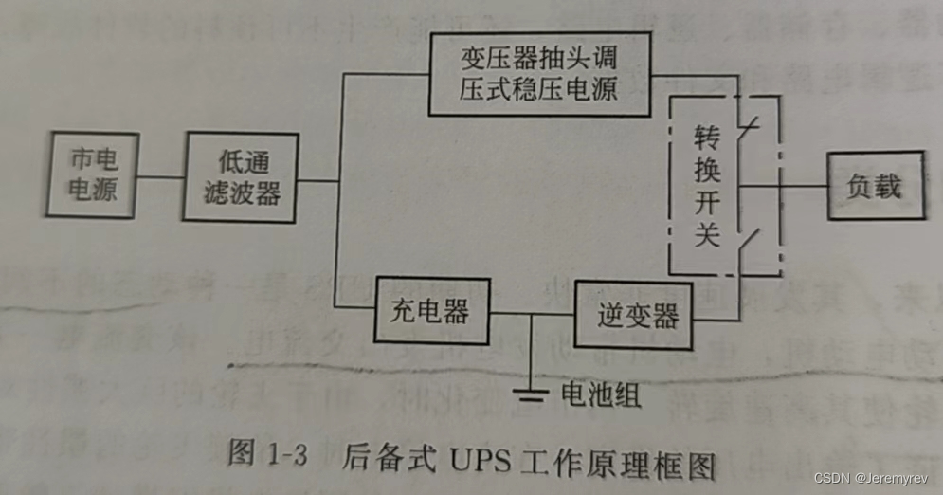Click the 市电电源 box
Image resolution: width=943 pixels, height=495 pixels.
pos(94,174)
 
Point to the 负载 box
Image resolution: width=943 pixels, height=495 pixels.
pos(874,186)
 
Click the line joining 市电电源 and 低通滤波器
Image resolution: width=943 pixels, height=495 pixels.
pos(160,176)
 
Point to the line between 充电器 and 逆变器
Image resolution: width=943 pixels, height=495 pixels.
pos(533,314)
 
